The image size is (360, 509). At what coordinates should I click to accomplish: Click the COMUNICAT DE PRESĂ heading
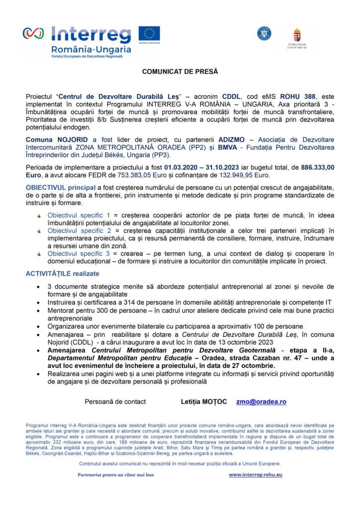[x=180, y=72]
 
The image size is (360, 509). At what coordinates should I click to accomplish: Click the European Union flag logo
[x=149, y=34]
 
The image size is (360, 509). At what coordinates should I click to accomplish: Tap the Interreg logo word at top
[x=91, y=34]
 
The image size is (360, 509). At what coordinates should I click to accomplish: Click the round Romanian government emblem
[x=264, y=33]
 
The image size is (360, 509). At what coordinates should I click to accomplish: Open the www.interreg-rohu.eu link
[x=256, y=475]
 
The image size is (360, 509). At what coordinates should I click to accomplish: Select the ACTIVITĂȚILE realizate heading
[x=62, y=273]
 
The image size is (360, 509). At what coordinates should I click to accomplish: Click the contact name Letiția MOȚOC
[x=203, y=402]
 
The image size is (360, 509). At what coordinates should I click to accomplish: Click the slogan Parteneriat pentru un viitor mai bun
[x=116, y=475]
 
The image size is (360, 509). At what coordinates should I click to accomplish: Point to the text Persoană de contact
[x=115, y=402]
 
